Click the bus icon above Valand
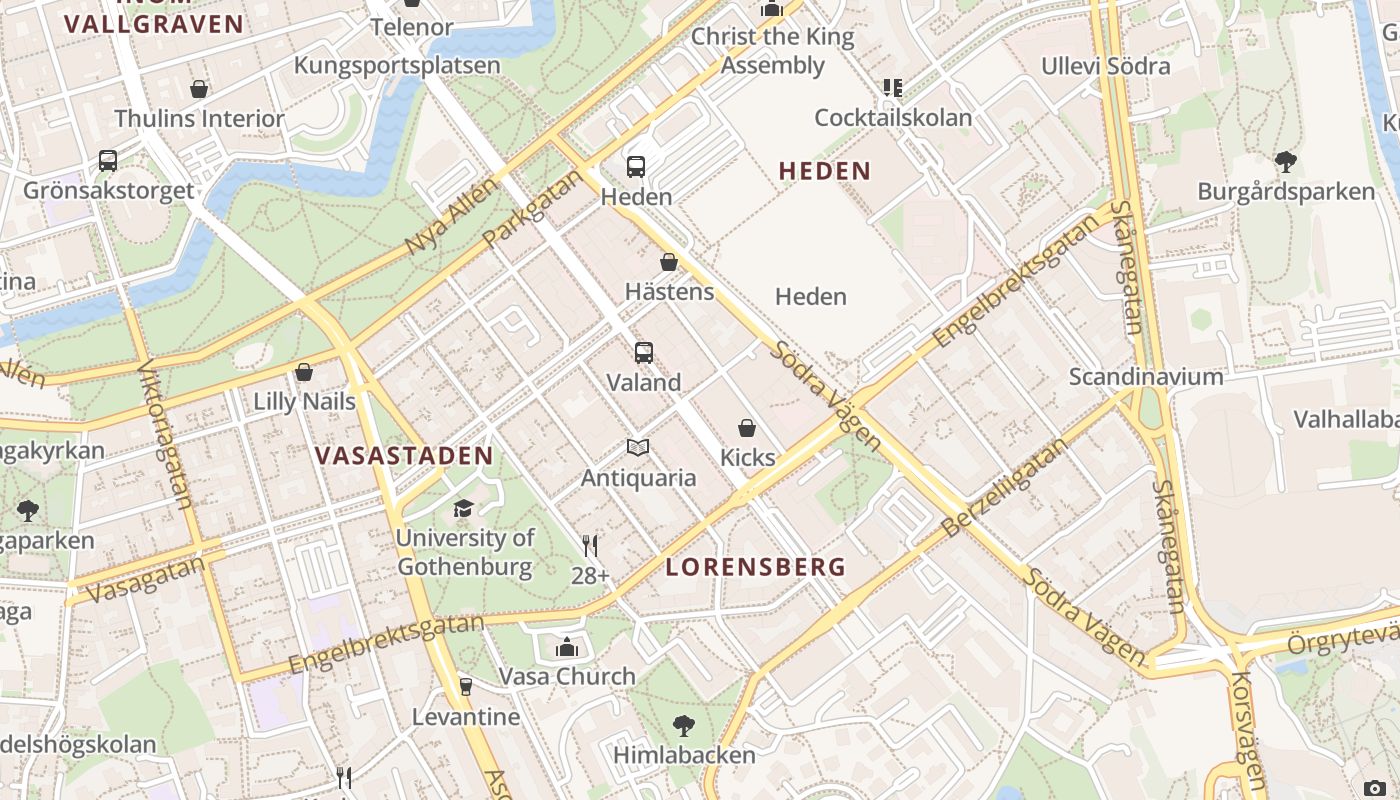(x=644, y=352)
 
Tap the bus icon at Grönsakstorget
(x=107, y=160)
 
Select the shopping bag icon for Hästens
(x=669, y=262)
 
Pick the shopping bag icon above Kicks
(x=747, y=428)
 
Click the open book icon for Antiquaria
(x=638, y=447)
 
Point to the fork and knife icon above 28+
(x=590, y=545)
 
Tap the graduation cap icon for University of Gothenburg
(x=463, y=508)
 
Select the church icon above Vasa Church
(x=567, y=647)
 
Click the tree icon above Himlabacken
(x=684, y=725)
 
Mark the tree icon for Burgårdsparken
(x=1286, y=161)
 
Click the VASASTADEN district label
(x=404, y=456)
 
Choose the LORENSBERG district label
(x=756, y=567)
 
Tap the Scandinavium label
(x=1146, y=377)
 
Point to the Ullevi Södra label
(x=1105, y=66)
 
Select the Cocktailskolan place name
(x=893, y=118)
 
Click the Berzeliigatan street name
(x=1006, y=487)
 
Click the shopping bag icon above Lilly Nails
(x=304, y=372)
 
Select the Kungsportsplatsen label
(x=397, y=66)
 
